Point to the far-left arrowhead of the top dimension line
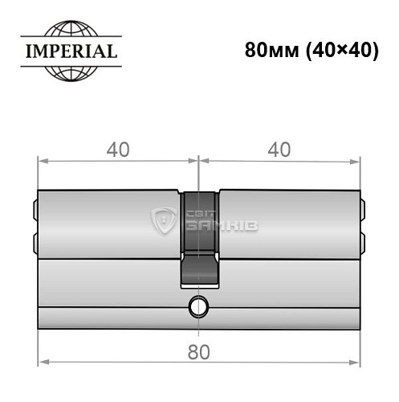[43, 161]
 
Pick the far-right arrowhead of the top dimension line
[356, 161]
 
